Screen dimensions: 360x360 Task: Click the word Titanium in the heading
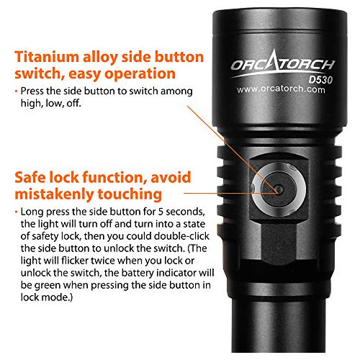click(x=47, y=57)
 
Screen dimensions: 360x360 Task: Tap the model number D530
click(x=320, y=80)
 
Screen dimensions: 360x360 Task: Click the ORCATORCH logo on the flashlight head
click(x=282, y=63)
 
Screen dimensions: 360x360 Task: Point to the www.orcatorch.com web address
click(x=281, y=89)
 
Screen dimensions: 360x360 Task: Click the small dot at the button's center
click(x=279, y=189)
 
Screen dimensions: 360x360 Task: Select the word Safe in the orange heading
click(x=30, y=177)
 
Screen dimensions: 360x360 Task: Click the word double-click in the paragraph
click(x=181, y=236)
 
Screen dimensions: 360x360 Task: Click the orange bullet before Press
click(x=17, y=91)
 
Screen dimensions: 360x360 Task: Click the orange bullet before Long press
click(x=17, y=212)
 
